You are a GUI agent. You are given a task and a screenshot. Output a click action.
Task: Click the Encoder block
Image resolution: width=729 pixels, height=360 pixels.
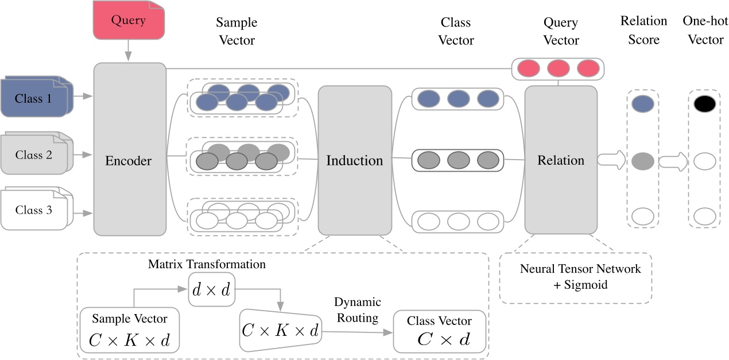coord(129,161)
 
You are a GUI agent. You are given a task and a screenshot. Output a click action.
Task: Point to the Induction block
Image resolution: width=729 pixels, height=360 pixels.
coord(354,161)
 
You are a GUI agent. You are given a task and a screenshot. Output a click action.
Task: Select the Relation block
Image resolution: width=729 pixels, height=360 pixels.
coord(561,161)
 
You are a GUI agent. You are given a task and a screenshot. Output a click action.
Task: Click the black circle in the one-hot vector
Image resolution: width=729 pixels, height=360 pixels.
coord(704,104)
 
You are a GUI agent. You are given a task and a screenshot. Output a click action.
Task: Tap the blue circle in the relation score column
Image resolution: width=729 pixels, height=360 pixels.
coord(642,104)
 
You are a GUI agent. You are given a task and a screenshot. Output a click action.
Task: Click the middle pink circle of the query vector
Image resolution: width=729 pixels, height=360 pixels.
coord(559,68)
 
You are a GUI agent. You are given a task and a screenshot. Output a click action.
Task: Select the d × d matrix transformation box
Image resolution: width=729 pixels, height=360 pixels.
coord(211,290)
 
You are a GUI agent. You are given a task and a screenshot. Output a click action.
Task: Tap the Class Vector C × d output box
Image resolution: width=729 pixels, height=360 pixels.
coord(439,332)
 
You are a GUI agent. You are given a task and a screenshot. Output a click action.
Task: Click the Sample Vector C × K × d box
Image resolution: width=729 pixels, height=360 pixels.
coord(130,330)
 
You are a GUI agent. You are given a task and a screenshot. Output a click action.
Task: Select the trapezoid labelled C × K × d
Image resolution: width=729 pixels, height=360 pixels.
coord(280,330)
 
